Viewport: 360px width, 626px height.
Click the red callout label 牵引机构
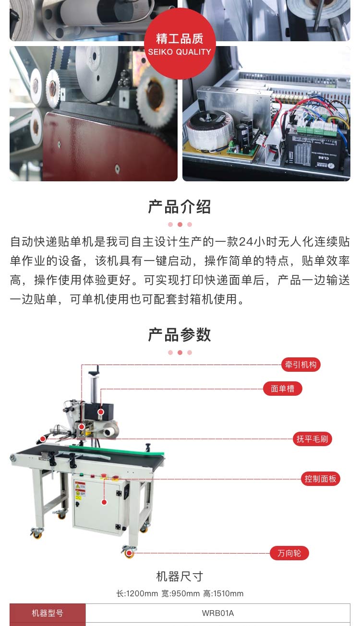(x=300, y=365)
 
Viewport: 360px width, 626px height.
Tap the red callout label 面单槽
(x=282, y=389)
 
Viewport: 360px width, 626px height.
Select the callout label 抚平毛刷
(x=312, y=439)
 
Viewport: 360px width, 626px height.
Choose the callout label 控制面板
(x=320, y=479)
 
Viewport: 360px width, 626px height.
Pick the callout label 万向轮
(x=289, y=553)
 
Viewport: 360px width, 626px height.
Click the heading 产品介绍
(x=180, y=207)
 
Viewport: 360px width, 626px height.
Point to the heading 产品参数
(x=180, y=335)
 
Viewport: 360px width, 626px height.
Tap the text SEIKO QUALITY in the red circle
(x=180, y=52)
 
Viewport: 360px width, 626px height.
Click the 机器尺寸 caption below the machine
(x=180, y=576)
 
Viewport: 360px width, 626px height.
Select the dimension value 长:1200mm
(x=137, y=594)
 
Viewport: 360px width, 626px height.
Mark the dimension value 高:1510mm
(x=223, y=594)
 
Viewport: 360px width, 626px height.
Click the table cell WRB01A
(x=217, y=613)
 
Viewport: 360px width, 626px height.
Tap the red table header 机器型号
(x=48, y=613)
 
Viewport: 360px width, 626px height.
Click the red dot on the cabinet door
(x=104, y=502)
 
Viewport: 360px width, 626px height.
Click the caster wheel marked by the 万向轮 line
(x=129, y=553)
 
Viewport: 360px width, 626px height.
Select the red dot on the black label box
(x=101, y=412)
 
